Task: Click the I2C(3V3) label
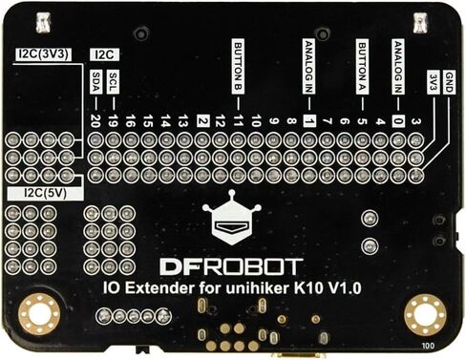coord(43,54)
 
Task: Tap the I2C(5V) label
coord(46,193)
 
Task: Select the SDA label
coord(95,82)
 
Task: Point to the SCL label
coord(114,82)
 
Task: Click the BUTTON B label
coord(238,67)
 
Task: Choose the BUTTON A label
coord(362,67)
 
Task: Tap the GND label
coord(449,82)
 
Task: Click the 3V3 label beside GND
coord(433,82)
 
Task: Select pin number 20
coord(95,121)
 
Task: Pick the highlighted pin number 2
coord(202,121)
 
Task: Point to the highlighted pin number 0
coord(398,121)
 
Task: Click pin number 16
coord(130,121)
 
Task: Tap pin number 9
coord(274,121)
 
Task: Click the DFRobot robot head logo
coord(232,218)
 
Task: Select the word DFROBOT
coord(231,267)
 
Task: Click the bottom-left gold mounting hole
coord(39,314)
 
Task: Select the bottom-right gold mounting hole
coord(425,314)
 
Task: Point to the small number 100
coord(428,346)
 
